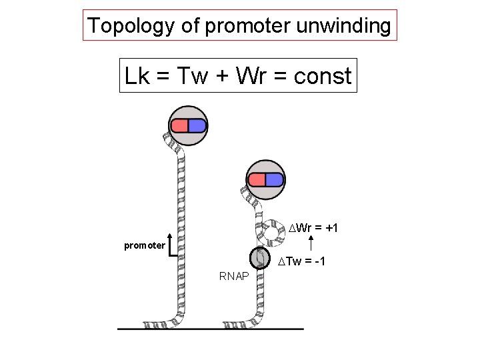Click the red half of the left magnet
click(x=179, y=125)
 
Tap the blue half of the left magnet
click(x=197, y=125)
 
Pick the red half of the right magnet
click(x=257, y=180)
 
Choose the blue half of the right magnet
click(x=275, y=180)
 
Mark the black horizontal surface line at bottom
click(x=210, y=329)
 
